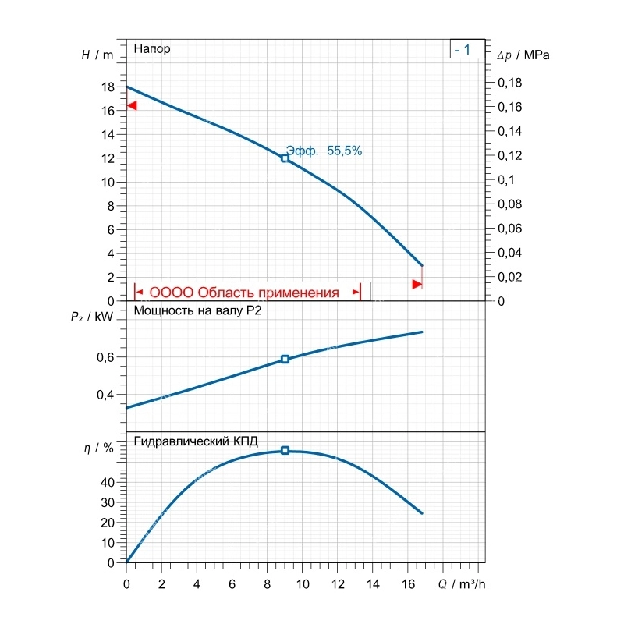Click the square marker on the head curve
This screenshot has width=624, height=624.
(285, 158)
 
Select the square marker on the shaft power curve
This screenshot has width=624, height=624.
(285, 359)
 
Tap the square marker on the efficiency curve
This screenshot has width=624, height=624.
(285, 450)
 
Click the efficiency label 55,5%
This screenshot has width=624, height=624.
(344, 151)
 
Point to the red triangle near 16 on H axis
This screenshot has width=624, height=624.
(132, 105)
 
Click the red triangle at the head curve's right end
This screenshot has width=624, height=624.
(417, 284)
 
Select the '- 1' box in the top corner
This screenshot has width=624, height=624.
(467, 49)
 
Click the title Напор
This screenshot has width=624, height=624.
(152, 48)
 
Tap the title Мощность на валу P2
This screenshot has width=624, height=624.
(198, 310)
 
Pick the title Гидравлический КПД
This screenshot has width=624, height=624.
(197, 441)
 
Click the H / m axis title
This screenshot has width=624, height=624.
(97, 55)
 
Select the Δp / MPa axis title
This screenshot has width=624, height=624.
(523, 55)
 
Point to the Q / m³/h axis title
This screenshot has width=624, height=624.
(462, 584)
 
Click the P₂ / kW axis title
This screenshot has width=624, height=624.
(92, 317)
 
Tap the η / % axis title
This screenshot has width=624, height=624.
(99, 448)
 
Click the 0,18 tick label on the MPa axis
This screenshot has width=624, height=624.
(510, 83)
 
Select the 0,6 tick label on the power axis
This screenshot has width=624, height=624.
(105, 357)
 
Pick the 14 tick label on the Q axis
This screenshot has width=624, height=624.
(373, 584)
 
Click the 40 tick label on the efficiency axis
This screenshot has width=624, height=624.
(108, 483)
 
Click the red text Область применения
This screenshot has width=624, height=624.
(268, 292)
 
